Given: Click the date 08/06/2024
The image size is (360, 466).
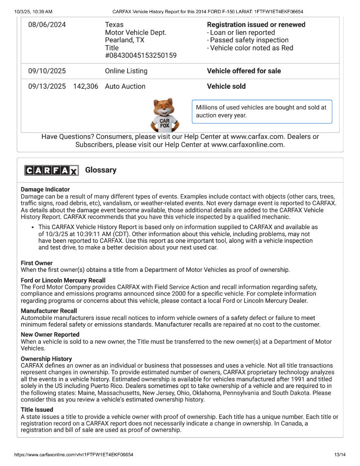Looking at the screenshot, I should (47, 25).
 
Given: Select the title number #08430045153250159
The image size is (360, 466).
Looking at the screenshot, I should (141, 56).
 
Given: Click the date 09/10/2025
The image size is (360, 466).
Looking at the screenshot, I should (47, 71).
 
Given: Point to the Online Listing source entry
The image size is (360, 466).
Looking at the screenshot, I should (126, 71).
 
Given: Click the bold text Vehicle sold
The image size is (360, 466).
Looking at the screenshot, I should (226, 86).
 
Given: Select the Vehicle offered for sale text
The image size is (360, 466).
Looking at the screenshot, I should (244, 71).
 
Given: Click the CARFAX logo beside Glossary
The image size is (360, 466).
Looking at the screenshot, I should (51, 170).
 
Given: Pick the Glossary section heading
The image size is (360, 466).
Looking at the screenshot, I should (101, 170).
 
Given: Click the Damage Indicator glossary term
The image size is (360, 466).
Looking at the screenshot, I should (45, 189).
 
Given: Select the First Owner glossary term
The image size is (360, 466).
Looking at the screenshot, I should (37, 263).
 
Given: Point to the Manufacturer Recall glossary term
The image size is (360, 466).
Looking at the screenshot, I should (49, 311).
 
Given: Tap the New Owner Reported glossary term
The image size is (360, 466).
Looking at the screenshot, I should (50, 334).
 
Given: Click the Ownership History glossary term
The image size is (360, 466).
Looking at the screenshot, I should (46, 359).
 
